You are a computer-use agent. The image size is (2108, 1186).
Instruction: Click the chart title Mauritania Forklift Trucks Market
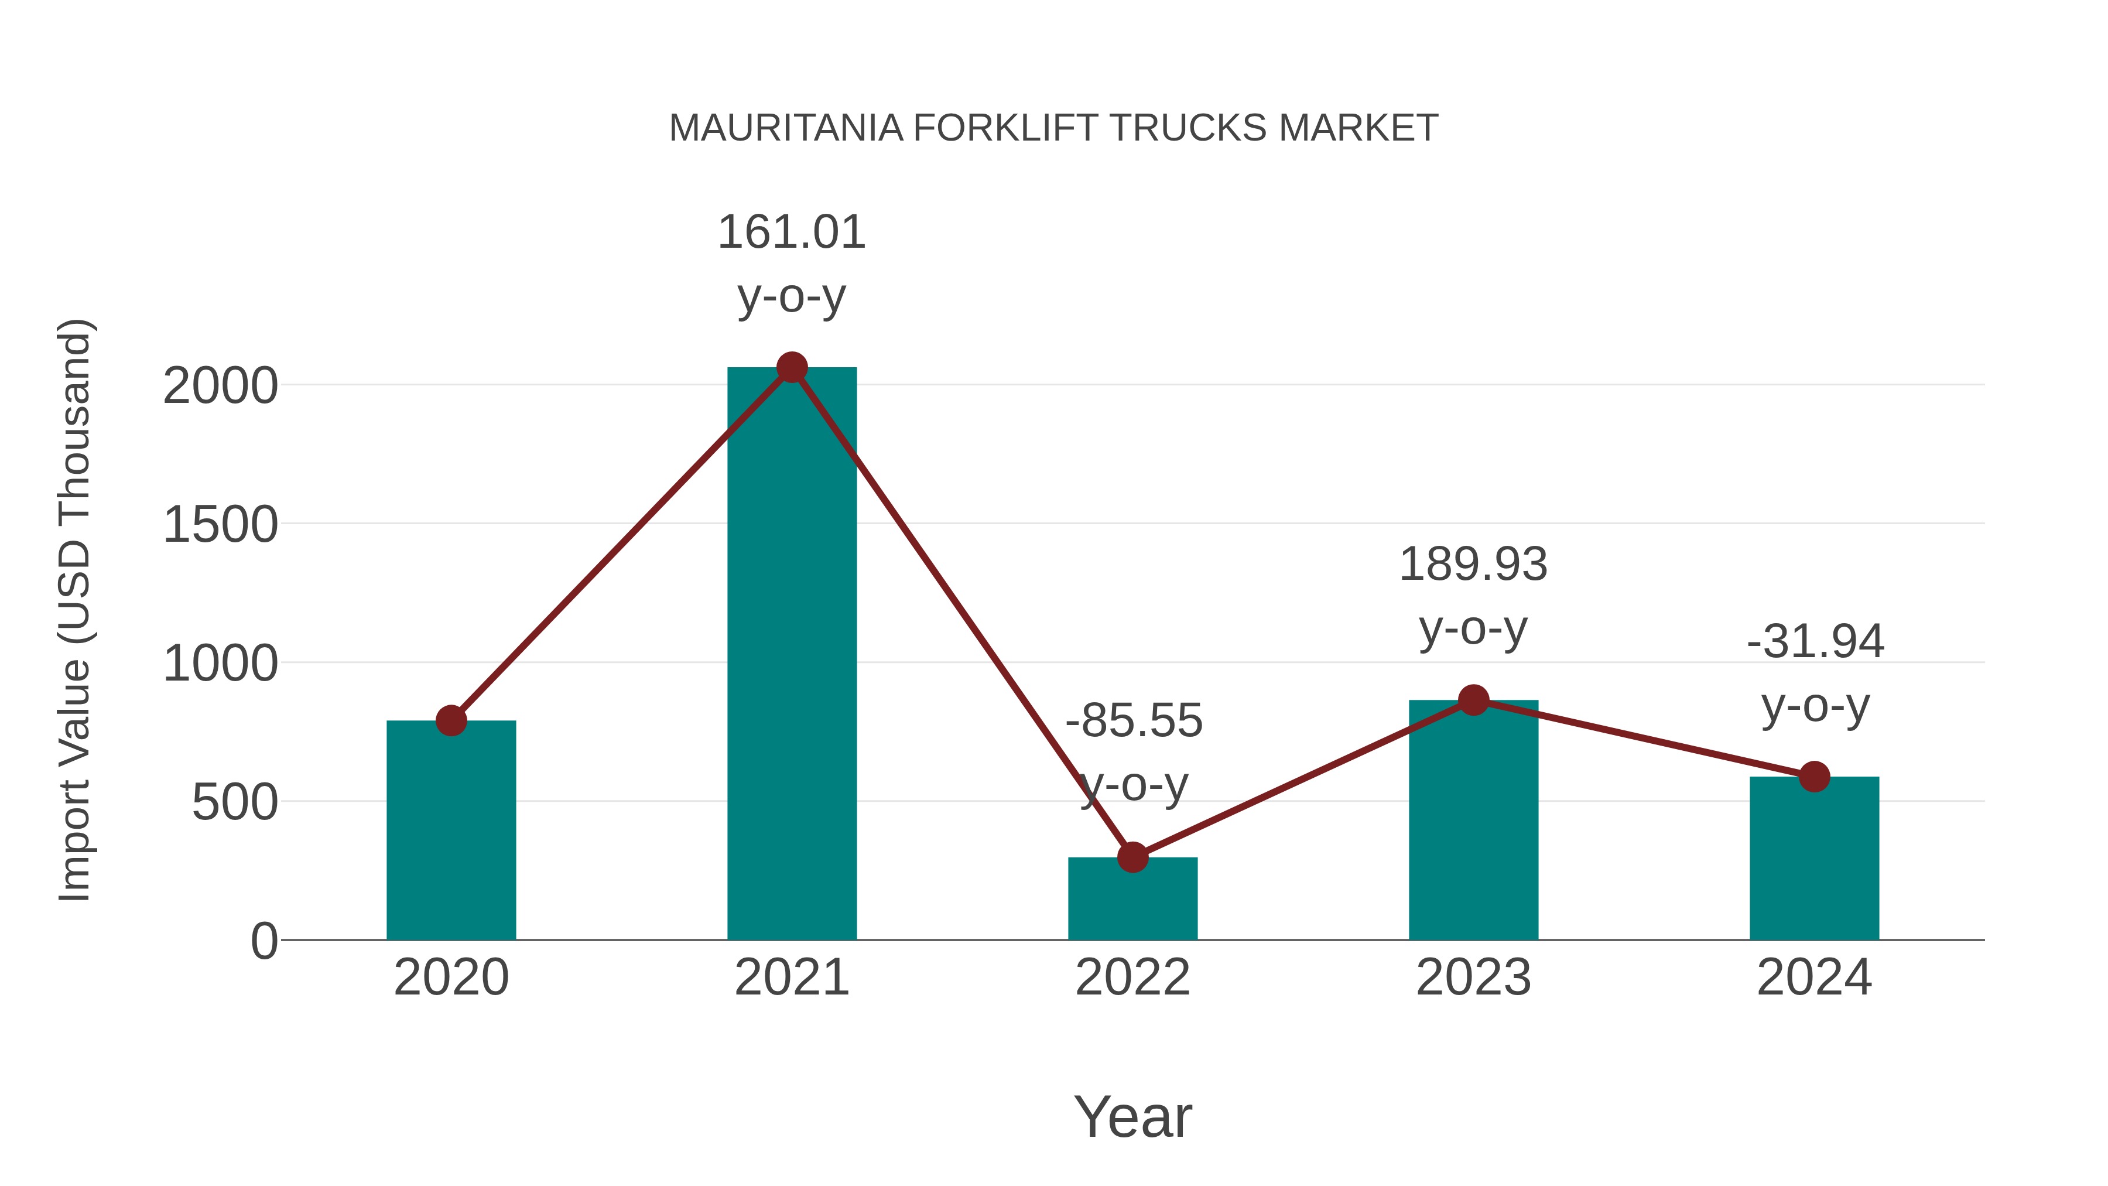tap(1053, 128)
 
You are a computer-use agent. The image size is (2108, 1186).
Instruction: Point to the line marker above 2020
tap(451, 721)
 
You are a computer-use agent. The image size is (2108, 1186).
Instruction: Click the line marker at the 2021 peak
tap(791, 368)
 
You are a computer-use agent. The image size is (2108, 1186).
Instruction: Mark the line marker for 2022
tap(1132, 858)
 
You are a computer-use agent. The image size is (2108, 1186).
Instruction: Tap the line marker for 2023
tap(1473, 700)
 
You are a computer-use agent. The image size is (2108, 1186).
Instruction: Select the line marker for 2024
tap(1813, 777)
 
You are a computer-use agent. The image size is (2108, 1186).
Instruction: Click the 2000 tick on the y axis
tap(220, 387)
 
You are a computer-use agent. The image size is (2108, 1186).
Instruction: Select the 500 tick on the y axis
tap(234, 802)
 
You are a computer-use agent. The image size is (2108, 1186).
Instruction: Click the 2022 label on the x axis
tap(1132, 977)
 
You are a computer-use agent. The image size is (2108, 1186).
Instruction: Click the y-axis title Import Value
tap(76, 610)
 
